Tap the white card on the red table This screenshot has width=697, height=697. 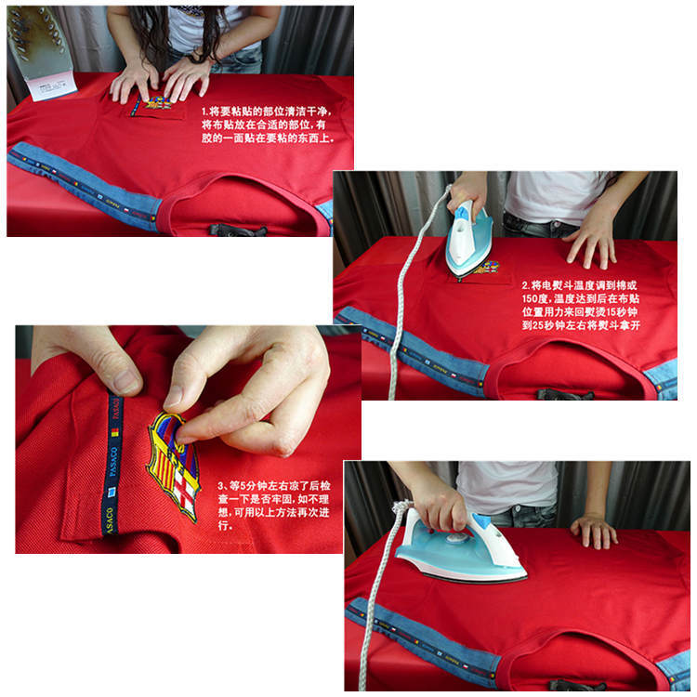(51, 85)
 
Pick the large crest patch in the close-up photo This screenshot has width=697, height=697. (174, 460)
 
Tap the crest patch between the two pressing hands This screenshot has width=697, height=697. (157, 103)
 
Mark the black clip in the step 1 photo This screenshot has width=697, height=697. (236, 229)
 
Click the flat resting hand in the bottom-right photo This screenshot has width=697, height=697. (594, 530)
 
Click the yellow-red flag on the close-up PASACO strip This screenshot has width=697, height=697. (116, 432)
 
